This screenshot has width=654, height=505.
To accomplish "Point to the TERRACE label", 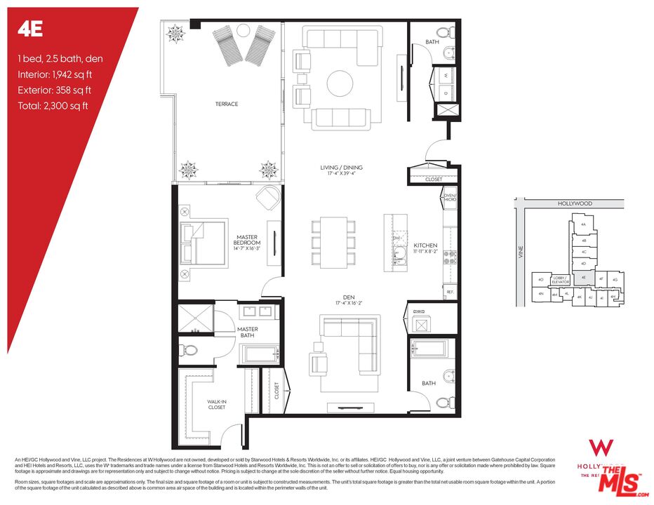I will point(227,105).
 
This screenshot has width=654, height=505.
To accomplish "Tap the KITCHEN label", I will point(425,245).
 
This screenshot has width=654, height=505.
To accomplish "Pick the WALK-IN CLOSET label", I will point(216,405).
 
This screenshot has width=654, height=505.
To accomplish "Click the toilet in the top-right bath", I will point(442,33).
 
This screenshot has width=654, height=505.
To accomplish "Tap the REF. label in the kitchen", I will point(450,291).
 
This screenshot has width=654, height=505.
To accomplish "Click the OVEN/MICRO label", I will point(450,198).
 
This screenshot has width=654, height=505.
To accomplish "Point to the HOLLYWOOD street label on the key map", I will point(575,203).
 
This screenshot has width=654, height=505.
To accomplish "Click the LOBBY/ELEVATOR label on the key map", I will point(561,280).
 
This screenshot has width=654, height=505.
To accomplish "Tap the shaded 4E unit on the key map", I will point(584,278).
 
